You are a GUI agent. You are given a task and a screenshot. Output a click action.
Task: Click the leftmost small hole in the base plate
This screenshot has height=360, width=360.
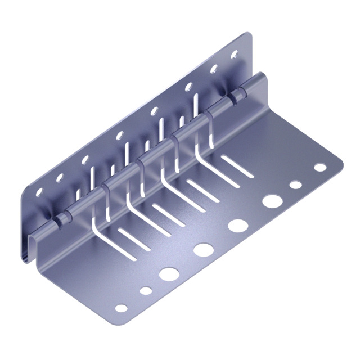pyautogui.click(x=121, y=308)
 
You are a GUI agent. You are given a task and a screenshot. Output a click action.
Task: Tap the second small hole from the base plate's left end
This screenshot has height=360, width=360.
pyautogui.click(x=146, y=291)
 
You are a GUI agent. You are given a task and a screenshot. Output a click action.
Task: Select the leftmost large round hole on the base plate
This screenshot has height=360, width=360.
pyautogui.click(x=168, y=274)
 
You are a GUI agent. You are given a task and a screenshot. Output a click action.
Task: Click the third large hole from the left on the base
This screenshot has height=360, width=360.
pyautogui.click(x=237, y=224)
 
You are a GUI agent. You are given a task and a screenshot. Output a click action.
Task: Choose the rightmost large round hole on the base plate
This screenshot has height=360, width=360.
pyautogui.click(x=273, y=200)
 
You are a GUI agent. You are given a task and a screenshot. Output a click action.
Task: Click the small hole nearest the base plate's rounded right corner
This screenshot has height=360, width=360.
pyautogui.click(x=320, y=167)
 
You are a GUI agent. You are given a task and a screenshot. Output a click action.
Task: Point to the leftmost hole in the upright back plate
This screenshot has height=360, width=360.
pyautogui.click(x=39, y=192)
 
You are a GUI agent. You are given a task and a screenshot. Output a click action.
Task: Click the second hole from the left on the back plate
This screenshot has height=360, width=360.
pyautogui.click(x=58, y=178)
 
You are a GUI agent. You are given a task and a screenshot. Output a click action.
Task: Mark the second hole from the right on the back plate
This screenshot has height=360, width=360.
pyautogui.click(x=214, y=69)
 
